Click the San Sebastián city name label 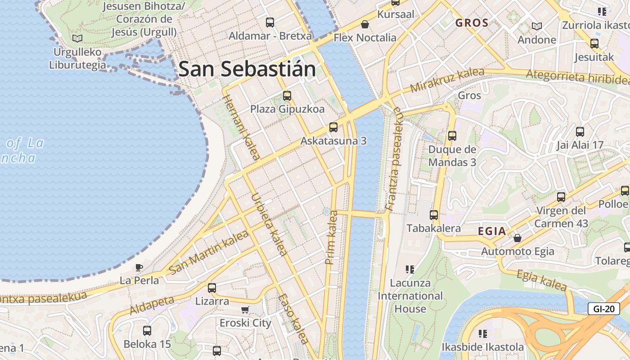247,69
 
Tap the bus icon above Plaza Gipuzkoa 287,95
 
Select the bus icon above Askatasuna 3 333,127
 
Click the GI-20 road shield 603,309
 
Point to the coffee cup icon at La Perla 139,267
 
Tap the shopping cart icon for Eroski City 245,310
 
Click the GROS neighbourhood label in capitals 472,23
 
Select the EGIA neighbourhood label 492,231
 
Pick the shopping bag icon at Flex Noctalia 365,24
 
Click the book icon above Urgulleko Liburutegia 77,39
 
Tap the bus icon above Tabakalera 434,215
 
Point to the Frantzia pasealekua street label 393,159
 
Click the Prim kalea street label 331,237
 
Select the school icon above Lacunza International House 409,270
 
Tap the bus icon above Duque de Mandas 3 452,136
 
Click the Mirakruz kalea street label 447,80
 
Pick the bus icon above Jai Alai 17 580,132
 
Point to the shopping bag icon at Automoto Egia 517,238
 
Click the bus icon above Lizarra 212,288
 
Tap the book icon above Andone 537,26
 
